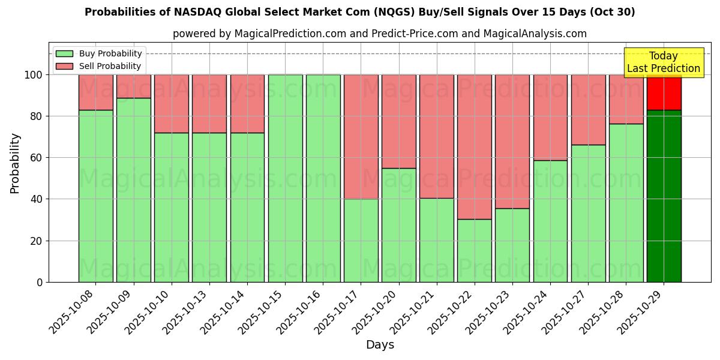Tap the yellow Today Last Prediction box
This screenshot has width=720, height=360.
coord(664,62)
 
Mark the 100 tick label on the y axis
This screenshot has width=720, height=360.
coord(34,75)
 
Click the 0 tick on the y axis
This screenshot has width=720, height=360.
coord(40,282)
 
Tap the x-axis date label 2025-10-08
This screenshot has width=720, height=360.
coord(74,312)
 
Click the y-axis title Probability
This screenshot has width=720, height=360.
coord(15,163)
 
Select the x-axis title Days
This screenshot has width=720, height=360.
coord(380,345)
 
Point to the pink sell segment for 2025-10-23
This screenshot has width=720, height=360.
coord(512,142)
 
